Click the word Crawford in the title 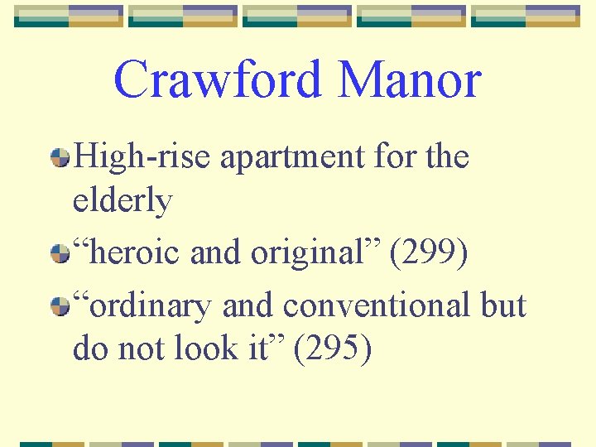point(217,80)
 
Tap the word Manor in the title point(410,80)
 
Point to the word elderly point(123,200)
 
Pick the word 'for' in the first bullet point(391,156)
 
